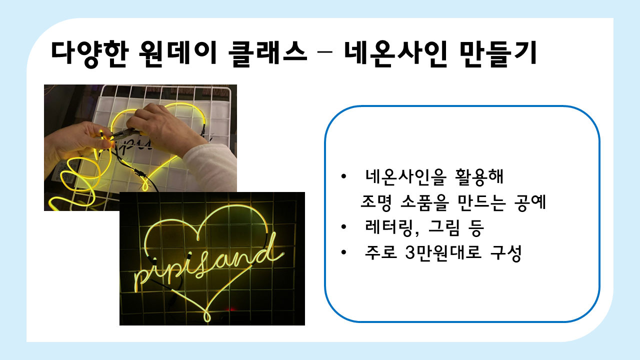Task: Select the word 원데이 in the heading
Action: coord(177,53)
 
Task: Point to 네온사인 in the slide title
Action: coord(395,53)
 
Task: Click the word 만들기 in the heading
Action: coord(498,53)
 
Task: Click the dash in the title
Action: coord(325,52)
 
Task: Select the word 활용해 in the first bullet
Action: coord(479,177)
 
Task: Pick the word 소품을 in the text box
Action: coord(425,202)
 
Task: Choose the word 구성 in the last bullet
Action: coord(506,253)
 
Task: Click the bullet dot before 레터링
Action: coord(343,227)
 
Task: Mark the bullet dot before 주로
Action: coord(343,252)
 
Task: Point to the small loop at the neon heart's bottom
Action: coord(206,316)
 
